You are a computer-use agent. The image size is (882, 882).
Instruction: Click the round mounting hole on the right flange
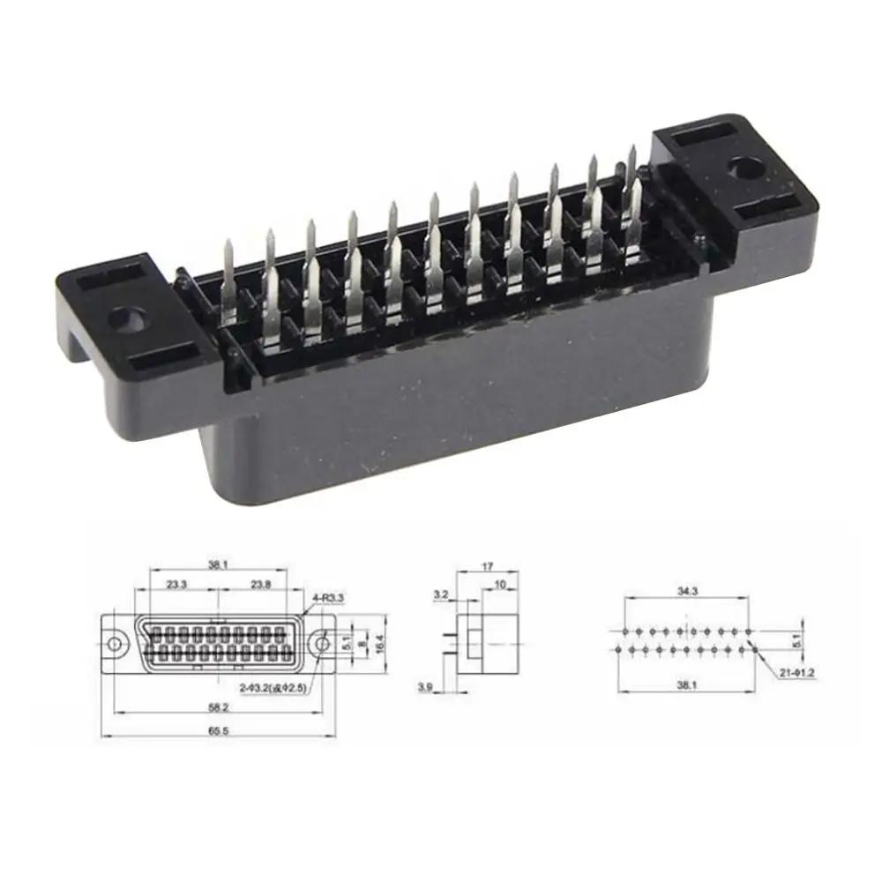point(745,166)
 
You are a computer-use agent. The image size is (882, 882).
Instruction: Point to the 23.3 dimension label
point(177,584)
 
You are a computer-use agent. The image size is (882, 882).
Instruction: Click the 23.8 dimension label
point(261,584)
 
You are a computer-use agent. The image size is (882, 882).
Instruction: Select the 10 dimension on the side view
point(500,584)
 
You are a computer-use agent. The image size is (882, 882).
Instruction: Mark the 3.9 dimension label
point(425,685)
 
